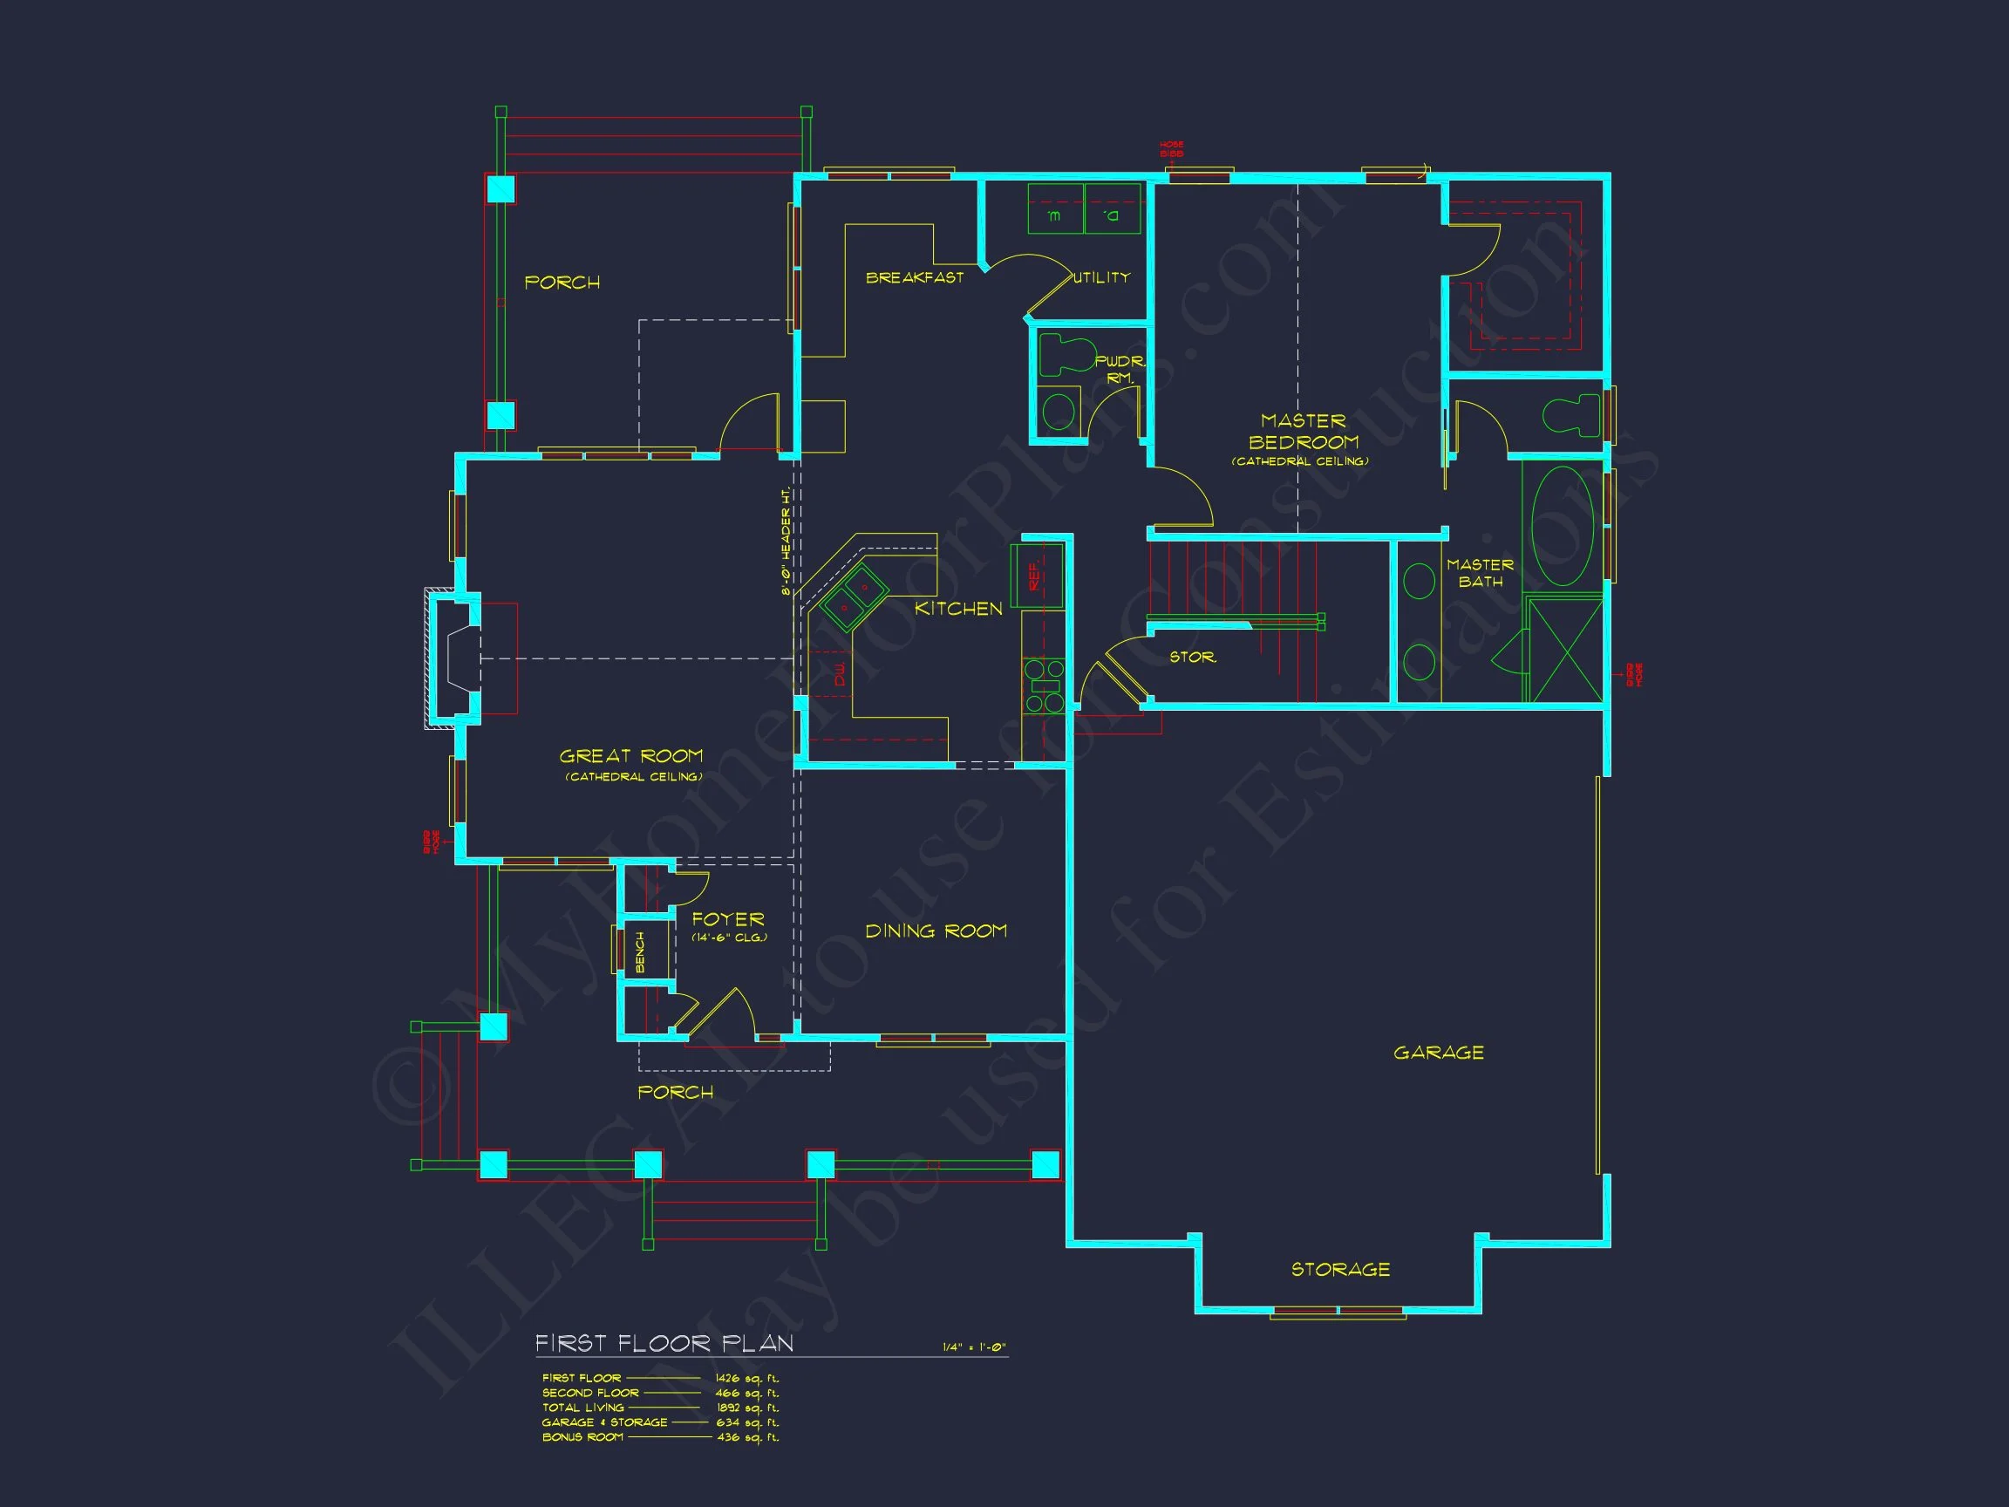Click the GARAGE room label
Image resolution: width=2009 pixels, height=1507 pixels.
pos(1439,1053)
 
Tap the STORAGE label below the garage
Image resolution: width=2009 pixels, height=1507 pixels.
pos(1340,1269)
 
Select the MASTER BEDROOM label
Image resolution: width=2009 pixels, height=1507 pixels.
pos(1303,433)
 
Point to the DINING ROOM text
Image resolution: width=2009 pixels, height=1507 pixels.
pos(936,931)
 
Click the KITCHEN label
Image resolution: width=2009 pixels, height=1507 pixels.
pos(958,609)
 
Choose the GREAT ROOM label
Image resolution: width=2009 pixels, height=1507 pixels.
pos(631,757)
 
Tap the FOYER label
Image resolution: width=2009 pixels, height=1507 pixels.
pos(727,920)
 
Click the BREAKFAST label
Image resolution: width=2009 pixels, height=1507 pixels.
pos(915,278)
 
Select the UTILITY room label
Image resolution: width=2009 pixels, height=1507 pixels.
pos(1101,278)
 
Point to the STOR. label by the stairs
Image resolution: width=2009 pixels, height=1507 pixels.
pos(1193,657)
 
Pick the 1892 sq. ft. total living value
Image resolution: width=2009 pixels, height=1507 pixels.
pos(747,1408)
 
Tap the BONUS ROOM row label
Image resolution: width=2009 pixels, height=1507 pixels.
pos(582,1437)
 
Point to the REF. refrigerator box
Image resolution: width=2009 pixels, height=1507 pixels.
pos(1036,576)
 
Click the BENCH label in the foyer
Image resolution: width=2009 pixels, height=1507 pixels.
pos(640,951)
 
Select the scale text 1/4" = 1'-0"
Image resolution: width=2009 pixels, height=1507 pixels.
pos(974,1347)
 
